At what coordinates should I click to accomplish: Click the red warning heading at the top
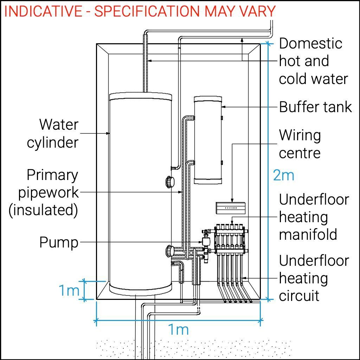click(140, 11)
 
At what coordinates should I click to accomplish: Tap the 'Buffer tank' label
click(315, 107)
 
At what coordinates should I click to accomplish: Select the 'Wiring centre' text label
click(300, 144)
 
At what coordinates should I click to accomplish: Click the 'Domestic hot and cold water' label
click(313, 61)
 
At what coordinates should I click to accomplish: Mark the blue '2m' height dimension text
click(283, 175)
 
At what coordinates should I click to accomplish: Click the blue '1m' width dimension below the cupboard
click(178, 329)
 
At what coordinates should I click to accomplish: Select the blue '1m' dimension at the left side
click(69, 291)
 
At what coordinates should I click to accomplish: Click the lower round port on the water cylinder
click(170, 251)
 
